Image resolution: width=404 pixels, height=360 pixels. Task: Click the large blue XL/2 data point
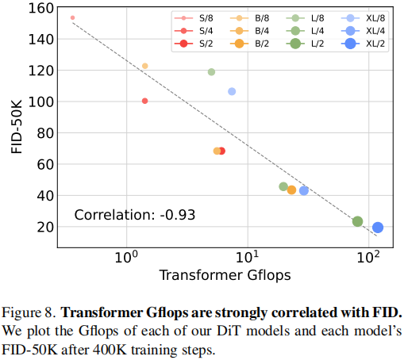click(378, 228)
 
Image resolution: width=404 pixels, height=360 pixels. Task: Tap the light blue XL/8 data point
click(232, 91)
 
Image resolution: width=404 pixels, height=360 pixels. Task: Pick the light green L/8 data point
click(211, 72)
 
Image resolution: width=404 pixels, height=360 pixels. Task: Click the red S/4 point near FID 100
click(144, 101)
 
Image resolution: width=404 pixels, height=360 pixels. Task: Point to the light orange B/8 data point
click(144, 66)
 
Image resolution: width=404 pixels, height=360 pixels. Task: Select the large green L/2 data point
click(357, 221)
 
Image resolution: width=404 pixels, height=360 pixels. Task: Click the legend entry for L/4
click(306, 29)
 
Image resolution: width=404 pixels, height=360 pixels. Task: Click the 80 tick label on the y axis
click(44, 132)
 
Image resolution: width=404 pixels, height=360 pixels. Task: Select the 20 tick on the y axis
click(44, 227)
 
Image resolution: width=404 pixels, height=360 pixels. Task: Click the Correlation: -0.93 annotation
click(135, 215)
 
